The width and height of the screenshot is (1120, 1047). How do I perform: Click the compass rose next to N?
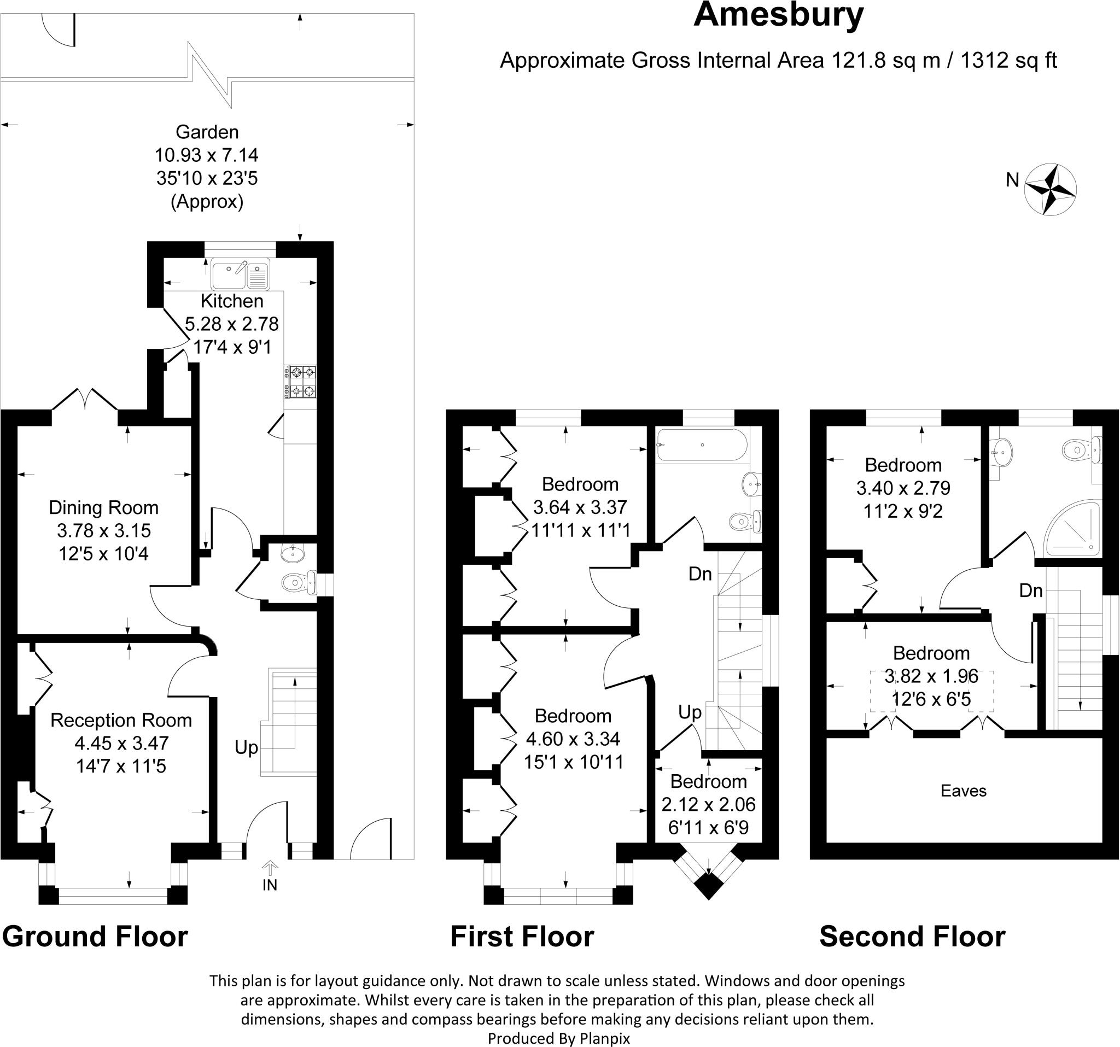[1050, 189]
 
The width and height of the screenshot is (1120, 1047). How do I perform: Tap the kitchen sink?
[241, 274]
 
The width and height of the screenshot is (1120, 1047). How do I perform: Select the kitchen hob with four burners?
[301, 381]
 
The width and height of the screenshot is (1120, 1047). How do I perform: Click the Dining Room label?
[103, 507]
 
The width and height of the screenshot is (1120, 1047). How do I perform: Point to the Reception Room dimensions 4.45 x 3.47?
[121, 743]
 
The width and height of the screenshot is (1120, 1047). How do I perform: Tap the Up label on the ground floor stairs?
[246, 748]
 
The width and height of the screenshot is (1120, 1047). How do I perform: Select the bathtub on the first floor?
[702, 446]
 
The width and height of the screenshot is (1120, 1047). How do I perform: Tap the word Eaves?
[964, 791]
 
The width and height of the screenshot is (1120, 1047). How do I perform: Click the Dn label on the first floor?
[701, 574]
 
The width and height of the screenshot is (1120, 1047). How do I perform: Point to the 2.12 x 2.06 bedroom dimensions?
[708, 804]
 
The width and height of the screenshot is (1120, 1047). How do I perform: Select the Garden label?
[207, 132]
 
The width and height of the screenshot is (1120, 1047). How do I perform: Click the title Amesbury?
[778, 16]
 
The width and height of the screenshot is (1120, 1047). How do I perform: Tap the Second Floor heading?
[912, 937]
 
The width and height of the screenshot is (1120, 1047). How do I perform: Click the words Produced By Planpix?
[558, 1038]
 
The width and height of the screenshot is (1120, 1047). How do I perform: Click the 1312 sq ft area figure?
[1008, 60]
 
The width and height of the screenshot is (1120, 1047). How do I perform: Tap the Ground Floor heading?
[95, 937]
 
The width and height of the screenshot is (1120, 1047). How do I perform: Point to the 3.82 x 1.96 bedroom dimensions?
[931, 676]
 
